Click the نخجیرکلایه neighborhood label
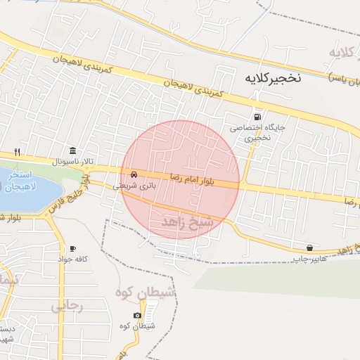[x=270, y=77]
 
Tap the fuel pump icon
[x=259, y=117]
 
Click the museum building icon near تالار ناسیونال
[x=74, y=151]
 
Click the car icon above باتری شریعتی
[x=133, y=174]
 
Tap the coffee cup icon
[x=72, y=249]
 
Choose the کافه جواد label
[x=72, y=259]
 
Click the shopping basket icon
[x=310, y=247]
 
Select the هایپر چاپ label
[x=310, y=259]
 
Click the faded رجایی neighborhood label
[x=68, y=307]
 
